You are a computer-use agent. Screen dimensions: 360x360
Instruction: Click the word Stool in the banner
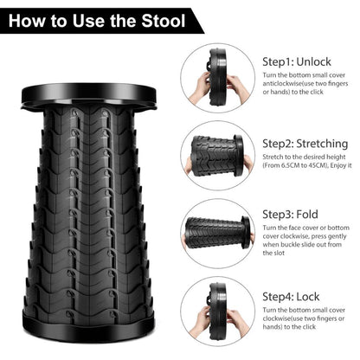point(164,21)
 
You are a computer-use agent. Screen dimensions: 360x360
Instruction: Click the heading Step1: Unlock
point(297,61)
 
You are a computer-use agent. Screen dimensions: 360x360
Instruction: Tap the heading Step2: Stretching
point(305,144)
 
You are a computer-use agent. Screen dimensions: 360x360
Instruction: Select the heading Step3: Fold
point(290,215)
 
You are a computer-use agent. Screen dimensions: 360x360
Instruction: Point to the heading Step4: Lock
point(291,297)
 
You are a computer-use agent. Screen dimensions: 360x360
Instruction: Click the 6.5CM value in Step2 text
point(290,165)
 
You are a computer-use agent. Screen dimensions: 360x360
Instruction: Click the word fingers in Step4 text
point(327,318)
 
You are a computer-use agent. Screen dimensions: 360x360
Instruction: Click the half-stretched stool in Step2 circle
point(217,156)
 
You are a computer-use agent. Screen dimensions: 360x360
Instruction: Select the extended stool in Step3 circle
point(218,233)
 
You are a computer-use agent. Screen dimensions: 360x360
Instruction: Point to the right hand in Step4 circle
point(237,324)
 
